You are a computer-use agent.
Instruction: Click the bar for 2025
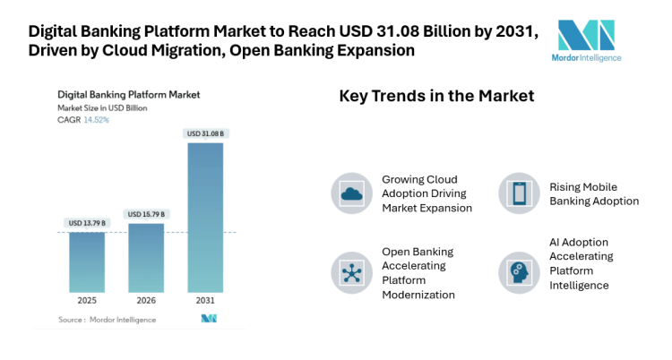[87, 261]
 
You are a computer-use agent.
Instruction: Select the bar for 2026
[145, 257]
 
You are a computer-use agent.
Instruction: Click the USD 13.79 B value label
[87, 223]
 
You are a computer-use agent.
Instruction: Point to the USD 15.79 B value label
[146, 214]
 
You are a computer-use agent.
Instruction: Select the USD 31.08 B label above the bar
[205, 133]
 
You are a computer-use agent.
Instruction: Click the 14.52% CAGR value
[96, 119]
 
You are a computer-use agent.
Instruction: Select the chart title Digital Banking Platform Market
[128, 94]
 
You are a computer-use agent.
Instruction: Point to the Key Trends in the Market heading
[436, 96]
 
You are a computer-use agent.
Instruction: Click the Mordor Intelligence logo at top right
[587, 39]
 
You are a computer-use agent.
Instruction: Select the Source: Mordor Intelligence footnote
[107, 319]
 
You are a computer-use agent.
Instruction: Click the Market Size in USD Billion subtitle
[102, 107]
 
